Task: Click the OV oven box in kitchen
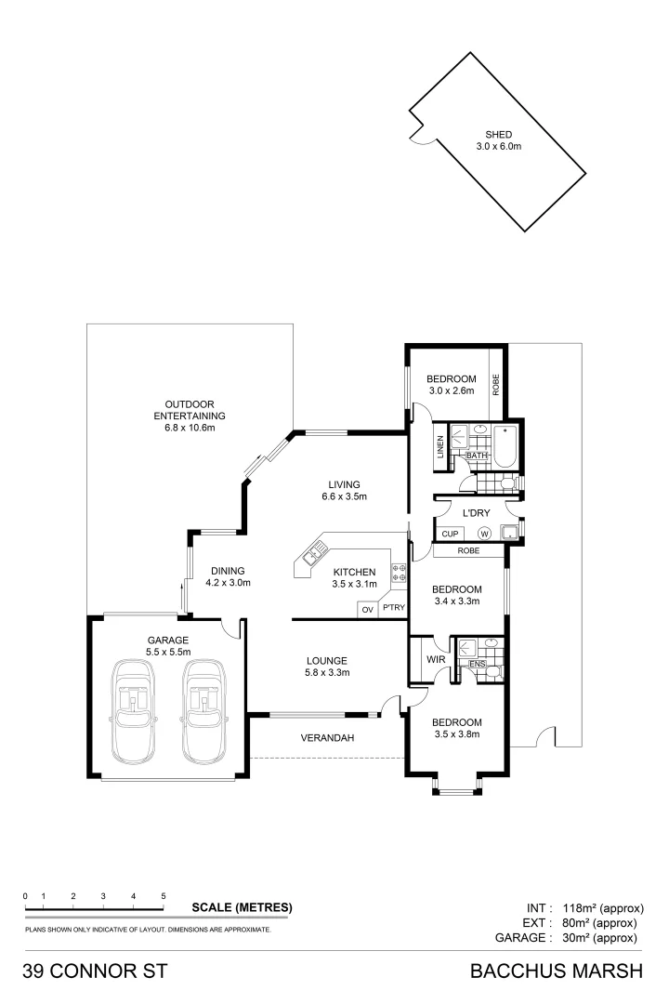tap(367, 610)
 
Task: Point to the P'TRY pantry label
tap(392, 610)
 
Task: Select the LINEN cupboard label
tap(440, 448)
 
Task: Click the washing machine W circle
tap(484, 534)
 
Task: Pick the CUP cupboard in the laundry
tap(450, 534)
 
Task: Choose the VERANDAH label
tap(326, 738)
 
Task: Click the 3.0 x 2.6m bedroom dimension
tap(452, 391)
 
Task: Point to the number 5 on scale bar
tap(164, 895)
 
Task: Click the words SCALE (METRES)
tap(242, 907)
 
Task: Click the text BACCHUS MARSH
tap(557, 972)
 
